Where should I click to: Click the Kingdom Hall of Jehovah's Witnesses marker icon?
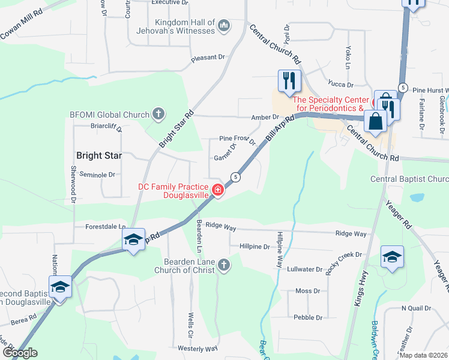coord(223,25)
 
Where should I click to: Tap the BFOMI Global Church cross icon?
coord(158,114)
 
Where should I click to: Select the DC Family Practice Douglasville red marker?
coord(217,191)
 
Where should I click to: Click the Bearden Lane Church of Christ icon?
coord(224,265)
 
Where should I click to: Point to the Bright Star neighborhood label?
coord(99,155)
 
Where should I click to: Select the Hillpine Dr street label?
coord(255,247)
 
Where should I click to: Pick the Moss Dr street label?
coord(307,291)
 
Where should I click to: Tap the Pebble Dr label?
coord(307,317)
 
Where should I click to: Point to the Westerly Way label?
coord(197,348)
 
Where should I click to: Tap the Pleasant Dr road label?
coord(208,58)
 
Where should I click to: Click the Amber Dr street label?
coord(266,118)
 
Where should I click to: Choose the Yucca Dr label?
coord(340,85)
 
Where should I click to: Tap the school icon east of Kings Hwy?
coord(393,258)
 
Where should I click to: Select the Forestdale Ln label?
coord(105,227)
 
